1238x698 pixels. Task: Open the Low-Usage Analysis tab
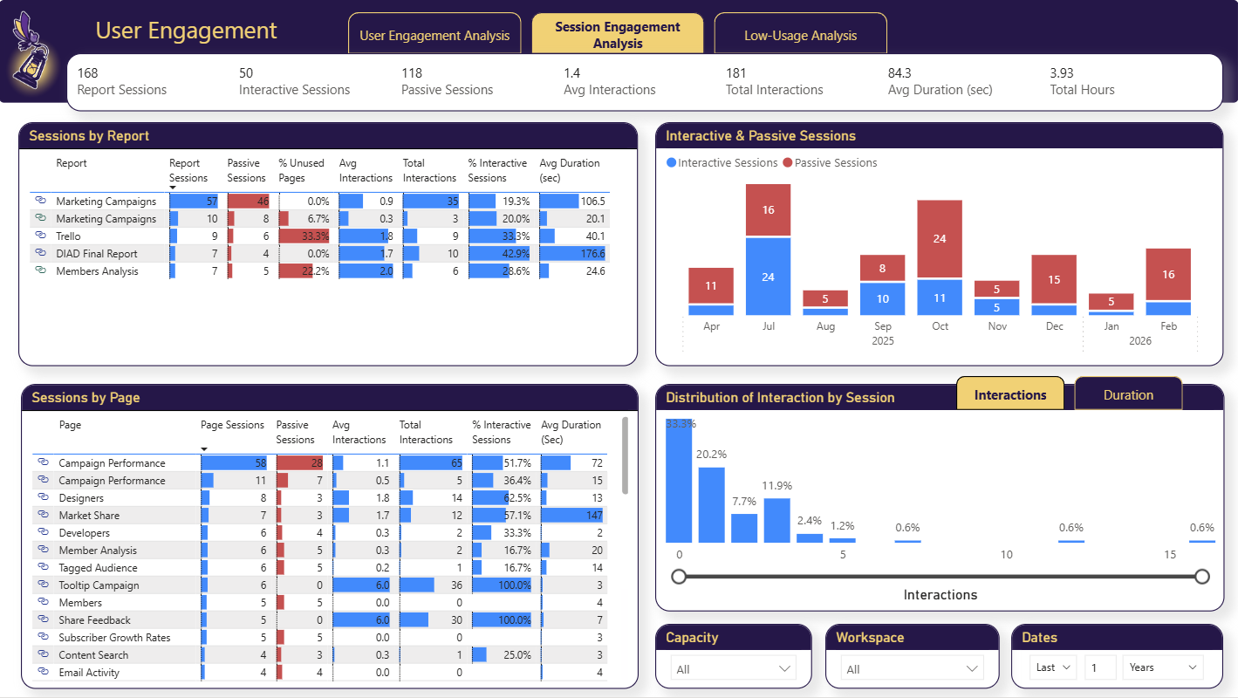(x=800, y=36)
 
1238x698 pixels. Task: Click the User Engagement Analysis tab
(x=434, y=36)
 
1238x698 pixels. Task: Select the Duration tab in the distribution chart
(x=1128, y=395)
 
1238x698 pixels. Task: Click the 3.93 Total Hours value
(x=1062, y=73)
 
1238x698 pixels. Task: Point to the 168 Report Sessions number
(x=88, y=73)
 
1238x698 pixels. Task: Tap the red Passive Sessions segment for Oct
(x=940, y=238)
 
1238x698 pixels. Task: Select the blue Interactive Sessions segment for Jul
(x=768, y=277)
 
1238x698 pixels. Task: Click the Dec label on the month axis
(x=1054, y=326)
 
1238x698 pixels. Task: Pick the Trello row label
(x=68, y=236)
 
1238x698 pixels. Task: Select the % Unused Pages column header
(x=301, y=170)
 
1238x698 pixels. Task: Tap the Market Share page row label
(x=89, y=516)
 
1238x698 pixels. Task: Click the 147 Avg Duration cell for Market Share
(x=593, y=516)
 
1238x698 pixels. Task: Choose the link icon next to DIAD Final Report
(x=40, y=253)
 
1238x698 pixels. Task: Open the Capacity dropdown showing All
(x=733, y=669)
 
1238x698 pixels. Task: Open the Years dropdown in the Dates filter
(x=1162, y=667)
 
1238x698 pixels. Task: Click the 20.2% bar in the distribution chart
(x=712, y=505)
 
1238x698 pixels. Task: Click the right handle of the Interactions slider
(x=1202, y=577)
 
